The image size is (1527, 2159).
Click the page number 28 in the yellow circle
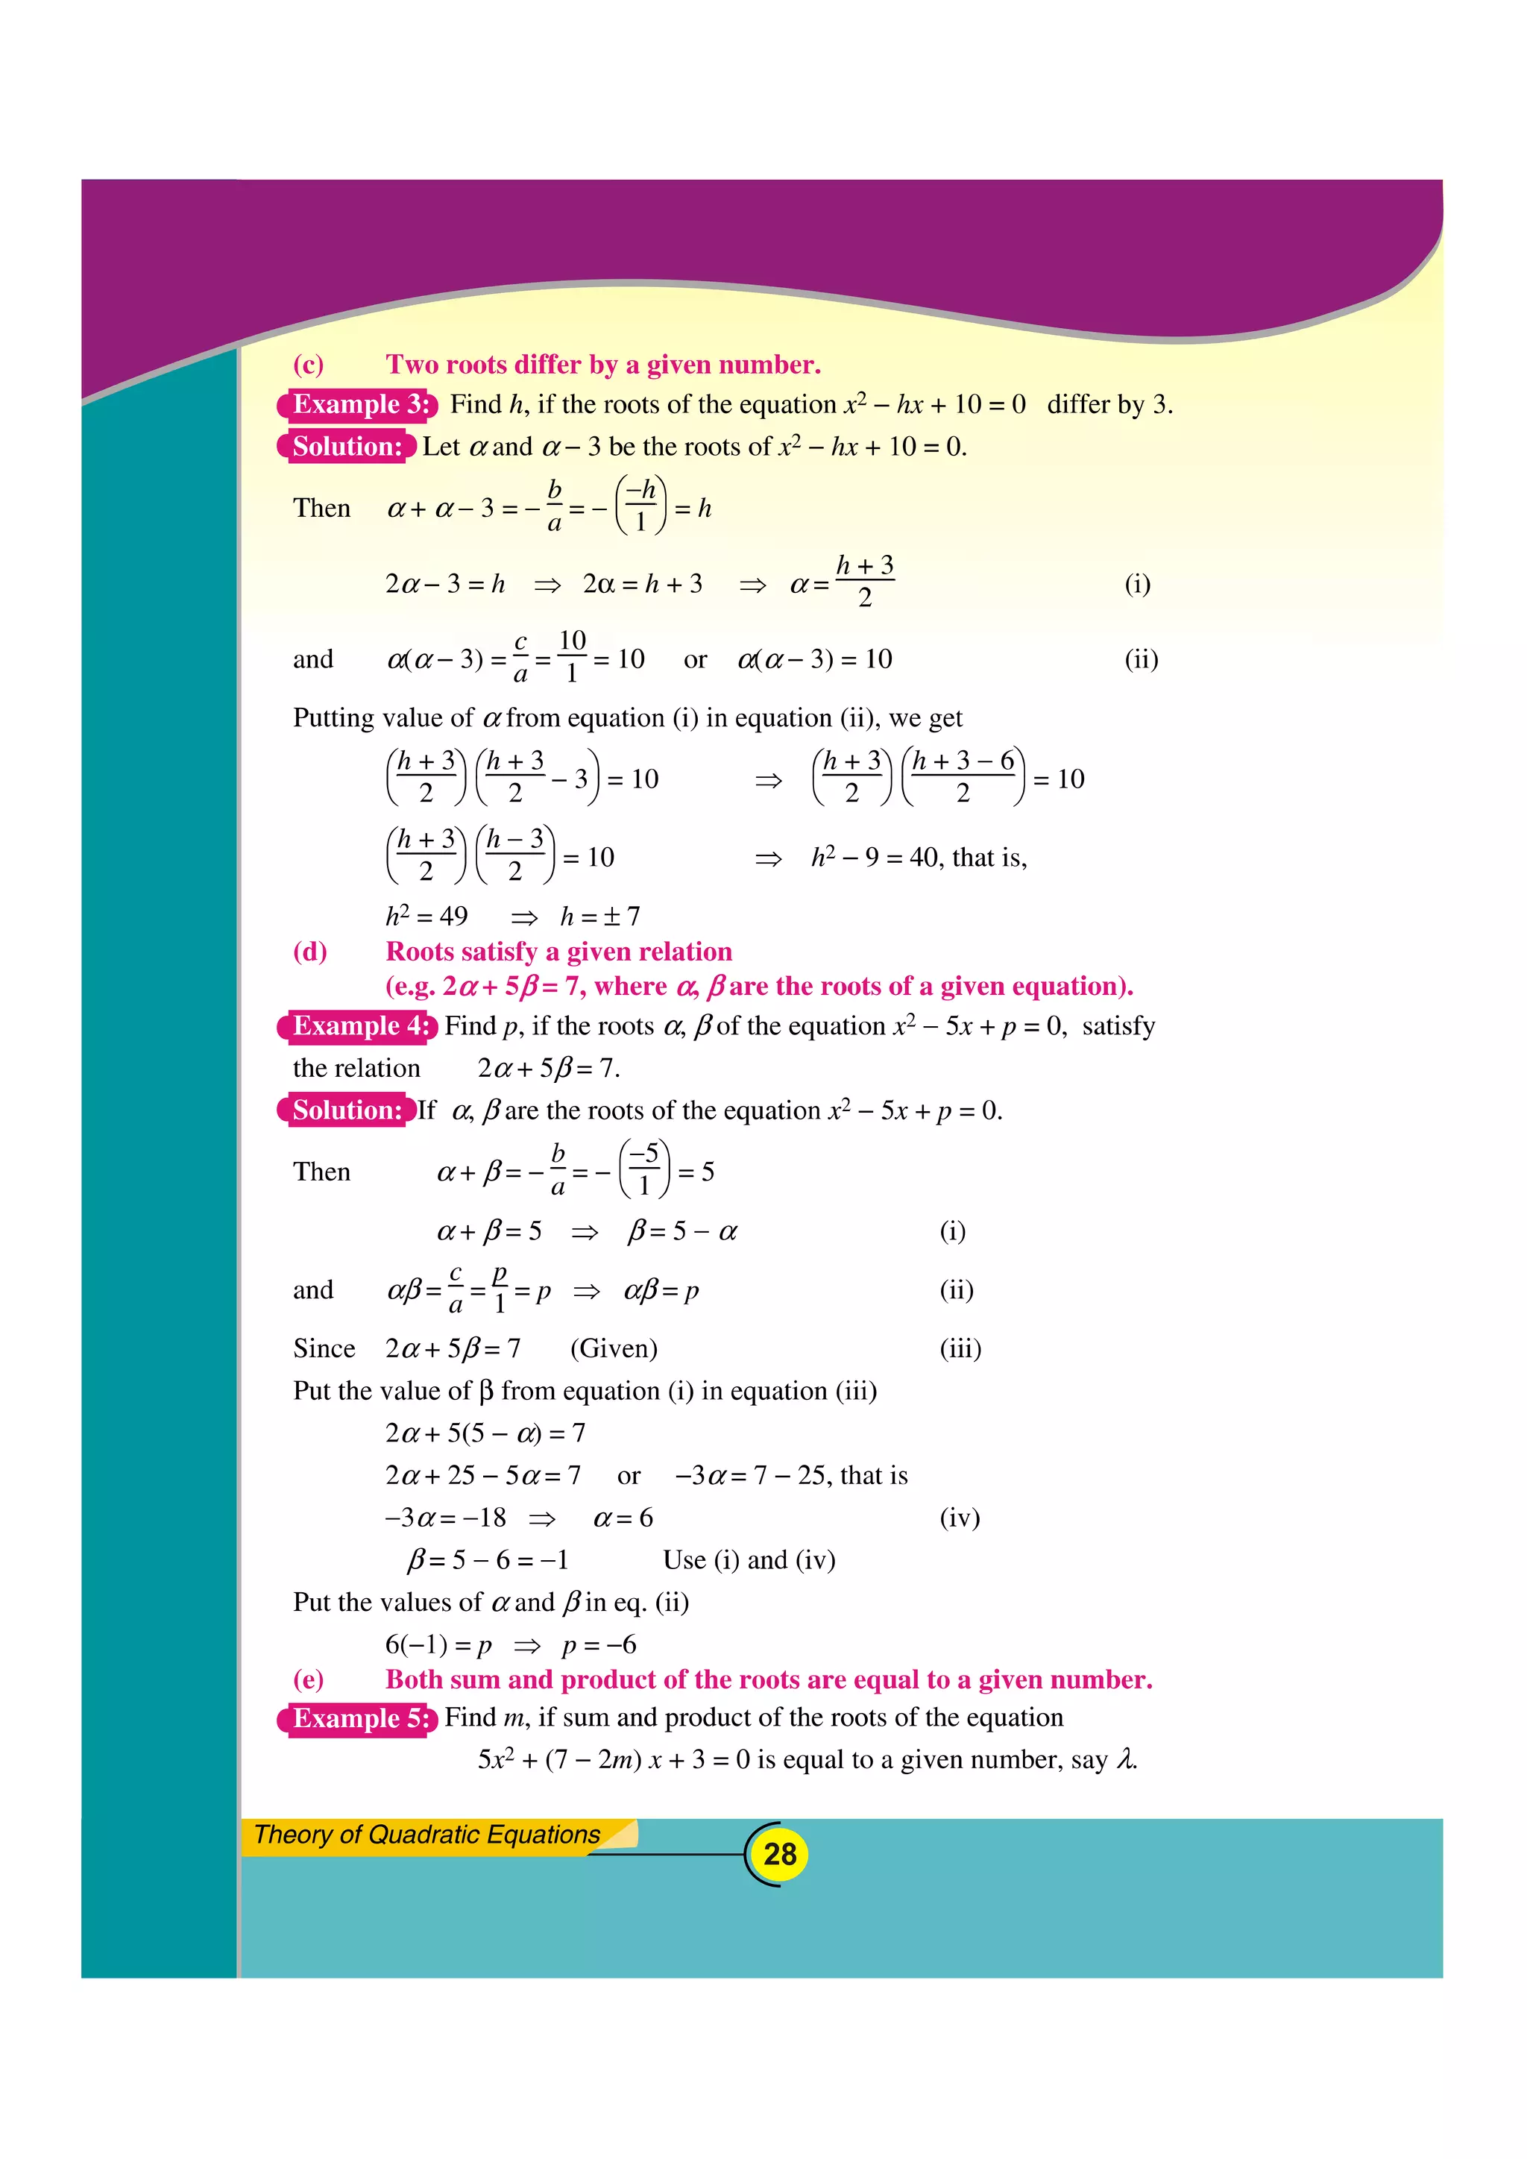coord(779,1853)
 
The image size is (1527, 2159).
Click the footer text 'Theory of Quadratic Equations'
coord(427,1835)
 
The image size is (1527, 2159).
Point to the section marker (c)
coord(309,365)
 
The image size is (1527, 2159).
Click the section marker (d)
coord(310,952)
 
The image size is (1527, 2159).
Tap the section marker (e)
coord(309,1679)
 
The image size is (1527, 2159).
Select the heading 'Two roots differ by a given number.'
coord(602,365)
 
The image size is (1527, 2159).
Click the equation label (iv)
coord(959,1518)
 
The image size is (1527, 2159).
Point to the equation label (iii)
coord(960,1348)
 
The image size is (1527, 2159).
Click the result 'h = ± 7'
coord(600,916)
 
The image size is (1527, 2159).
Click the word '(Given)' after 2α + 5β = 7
coord(613,1348)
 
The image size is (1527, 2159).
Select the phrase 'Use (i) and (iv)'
coord(749,1560)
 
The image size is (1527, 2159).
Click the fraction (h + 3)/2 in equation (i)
coord(864,582)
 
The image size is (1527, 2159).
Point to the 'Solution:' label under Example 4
coord(347,1110)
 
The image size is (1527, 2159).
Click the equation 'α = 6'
coord(623,1518)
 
